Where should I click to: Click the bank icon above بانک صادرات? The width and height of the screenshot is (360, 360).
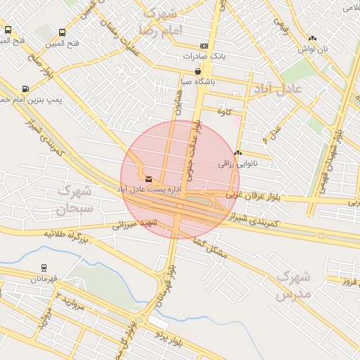[x=204, y=46]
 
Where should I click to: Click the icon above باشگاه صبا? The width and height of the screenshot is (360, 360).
[x=198, y=72]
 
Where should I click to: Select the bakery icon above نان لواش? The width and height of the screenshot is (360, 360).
[x=312, y=39]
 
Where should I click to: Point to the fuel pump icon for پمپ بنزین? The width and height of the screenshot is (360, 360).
[x=25, y=89]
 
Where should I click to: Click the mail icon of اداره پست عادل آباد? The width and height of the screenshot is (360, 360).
[x=148, y=179]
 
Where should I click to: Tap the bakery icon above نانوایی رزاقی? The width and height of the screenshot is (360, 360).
[x=238, y=153]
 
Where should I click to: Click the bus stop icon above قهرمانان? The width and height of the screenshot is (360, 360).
[x=44, y=268]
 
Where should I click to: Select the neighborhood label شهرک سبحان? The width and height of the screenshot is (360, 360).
[x=75, y=199]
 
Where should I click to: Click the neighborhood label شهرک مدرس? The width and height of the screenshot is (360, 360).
[x=293, y=285]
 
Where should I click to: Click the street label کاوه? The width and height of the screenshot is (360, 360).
[x=224, y=112]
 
